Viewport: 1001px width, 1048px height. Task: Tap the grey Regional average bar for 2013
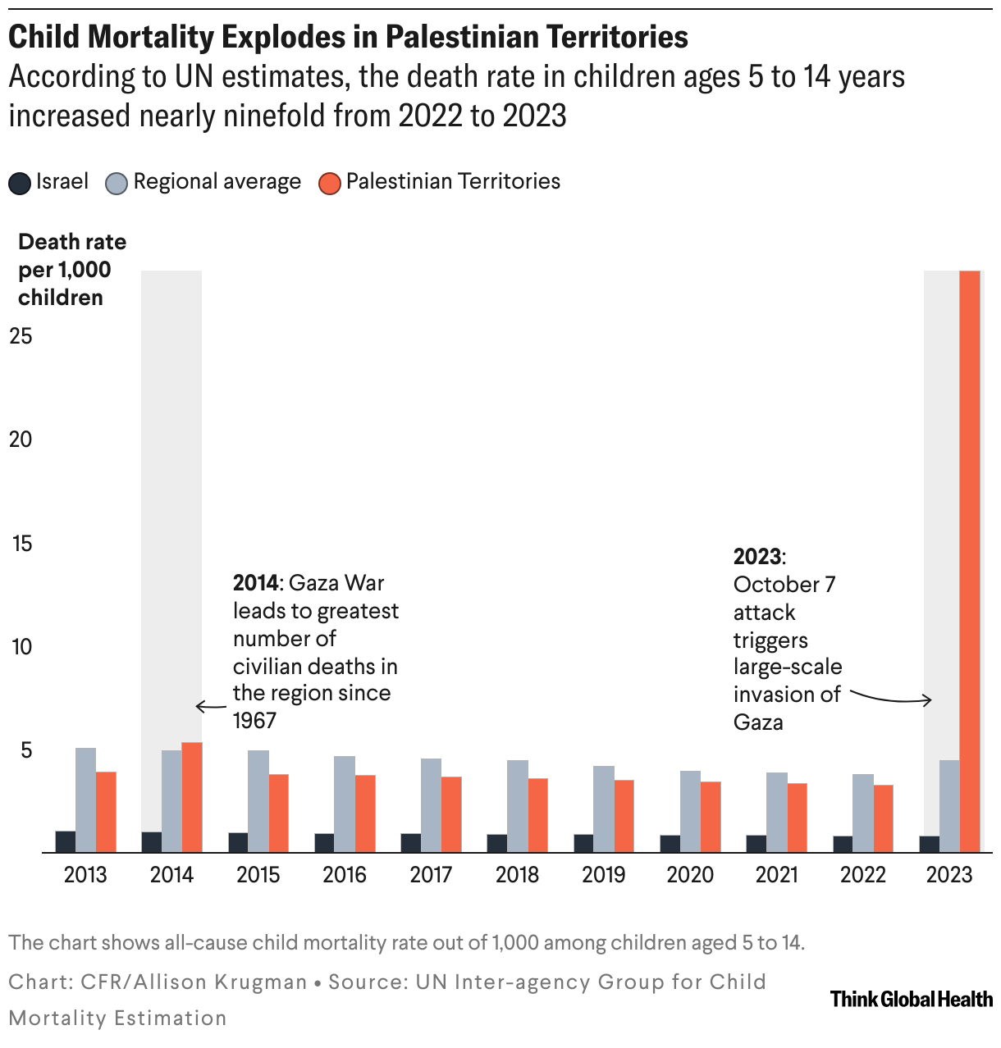(85, 800)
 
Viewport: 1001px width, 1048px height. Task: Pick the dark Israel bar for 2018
(496, 843)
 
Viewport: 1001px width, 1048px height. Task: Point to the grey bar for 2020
(690, 811)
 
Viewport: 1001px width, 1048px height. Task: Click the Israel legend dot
(20, 183)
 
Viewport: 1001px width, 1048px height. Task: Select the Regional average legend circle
(117, 183)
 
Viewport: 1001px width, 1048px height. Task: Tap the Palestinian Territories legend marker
(330, 183)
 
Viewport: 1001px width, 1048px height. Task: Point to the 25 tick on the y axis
(21, 335)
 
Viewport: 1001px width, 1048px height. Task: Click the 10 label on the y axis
(21, 646)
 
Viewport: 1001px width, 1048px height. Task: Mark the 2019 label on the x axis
(603, 875)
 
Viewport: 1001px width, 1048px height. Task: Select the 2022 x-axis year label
(862, 875)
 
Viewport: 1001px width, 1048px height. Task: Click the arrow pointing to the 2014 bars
(210, 706)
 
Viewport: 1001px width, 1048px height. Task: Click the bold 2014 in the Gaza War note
(256, 583)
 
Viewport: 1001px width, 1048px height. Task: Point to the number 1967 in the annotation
(255, 721)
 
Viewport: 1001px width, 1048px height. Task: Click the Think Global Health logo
(911, 999)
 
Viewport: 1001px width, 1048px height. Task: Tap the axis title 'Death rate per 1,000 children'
(72, 270)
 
